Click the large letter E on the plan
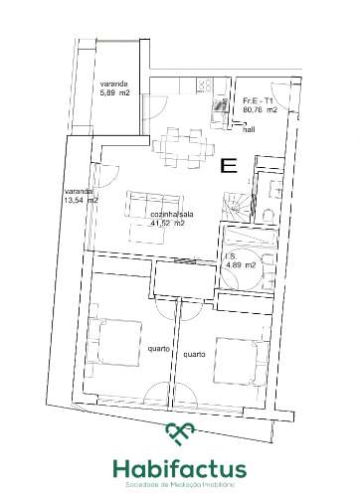[x=229, y=166]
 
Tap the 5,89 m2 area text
[x=116, y=93]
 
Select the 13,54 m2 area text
[x=81, y=200]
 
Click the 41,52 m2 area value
[x=166, y=225]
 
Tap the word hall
[x=250, y=128]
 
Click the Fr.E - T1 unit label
[x=259, y=100]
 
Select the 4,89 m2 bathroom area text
[x=241, y=265]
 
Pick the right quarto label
[x=193, y=354]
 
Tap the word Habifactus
[x=180, y=467]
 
